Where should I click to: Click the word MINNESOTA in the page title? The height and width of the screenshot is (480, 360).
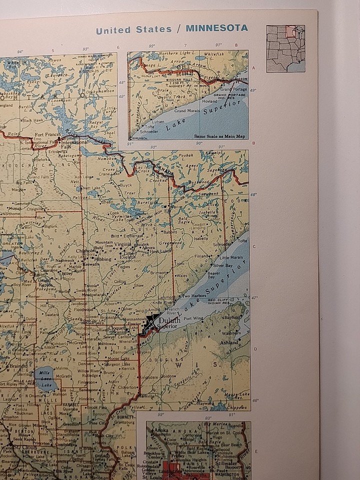(x=216, y=28)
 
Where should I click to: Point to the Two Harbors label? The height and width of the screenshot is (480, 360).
(x=193, y=296)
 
